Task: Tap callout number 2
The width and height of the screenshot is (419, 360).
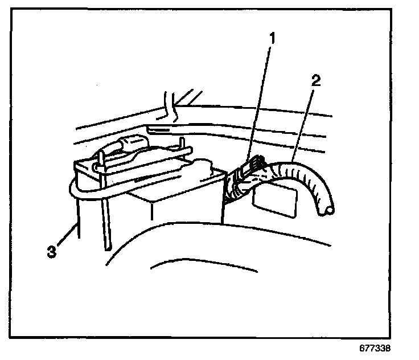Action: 316,79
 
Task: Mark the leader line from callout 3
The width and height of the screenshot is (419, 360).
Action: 68,235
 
